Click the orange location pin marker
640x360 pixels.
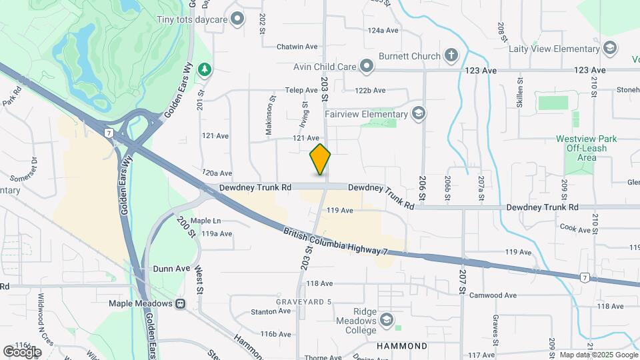coord(320,159)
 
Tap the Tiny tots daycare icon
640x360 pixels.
coord(236,19)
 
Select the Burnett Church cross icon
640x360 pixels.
coord(451,56)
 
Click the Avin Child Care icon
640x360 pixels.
coord(366,66)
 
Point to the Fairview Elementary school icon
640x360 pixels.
coord(418,113)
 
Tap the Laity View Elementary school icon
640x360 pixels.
coord(609,49)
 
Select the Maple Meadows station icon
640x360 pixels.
coord(180,304)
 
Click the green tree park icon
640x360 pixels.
coord(207,69)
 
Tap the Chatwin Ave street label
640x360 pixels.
coord(299,47)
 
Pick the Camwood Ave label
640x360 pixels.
coord(493,295)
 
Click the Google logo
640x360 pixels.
coord(22,351)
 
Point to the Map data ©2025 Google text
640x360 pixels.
coord(598,355)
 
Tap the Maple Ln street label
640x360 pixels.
coord(205,221)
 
